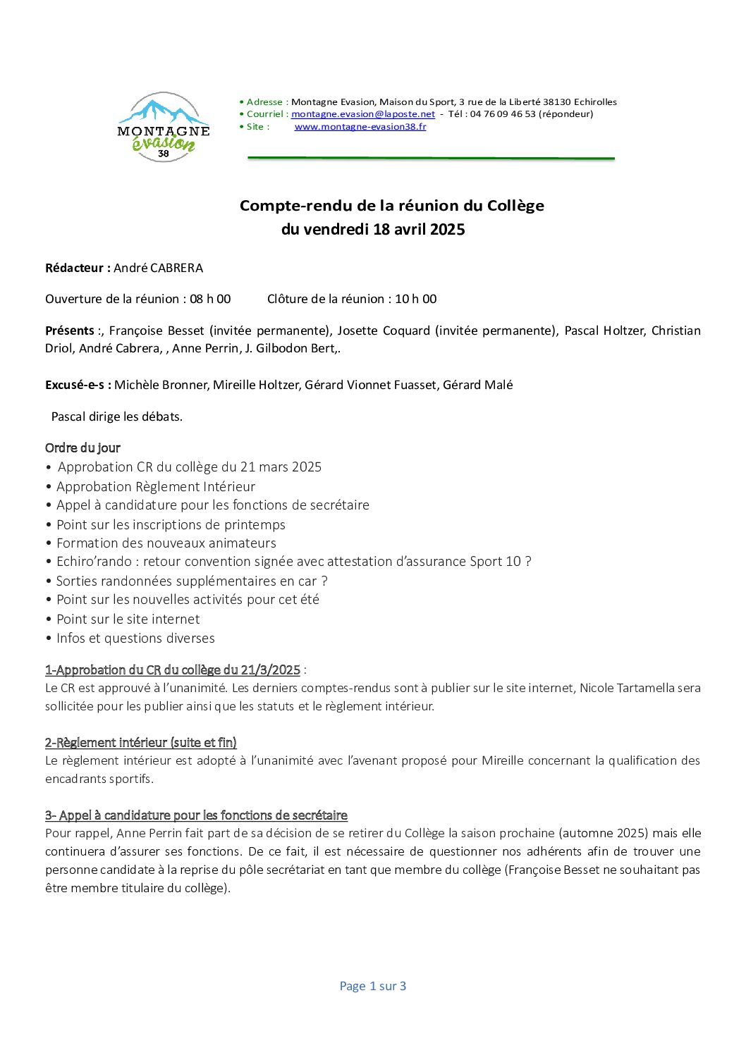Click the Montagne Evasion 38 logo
click(x=164, y=128)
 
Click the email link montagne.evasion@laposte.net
click(x=363, y=114)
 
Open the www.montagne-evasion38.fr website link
click(x=360, y=127)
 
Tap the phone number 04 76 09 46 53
click(x=503, y=114)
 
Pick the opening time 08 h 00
click(x=210, y=299)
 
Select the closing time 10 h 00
click(x=415, y=299)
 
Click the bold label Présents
click(x=70, y=331)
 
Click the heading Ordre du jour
click(x=82, y=448)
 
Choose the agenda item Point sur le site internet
click(x=128, y=619)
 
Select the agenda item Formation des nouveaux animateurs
click(x=166, y=543)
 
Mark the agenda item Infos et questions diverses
click(x=135, y=638)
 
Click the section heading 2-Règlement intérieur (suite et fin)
click(x=141, y=742)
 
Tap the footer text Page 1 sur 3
click(x=373, y=986)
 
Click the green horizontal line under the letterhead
click(x=431, y=159)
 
